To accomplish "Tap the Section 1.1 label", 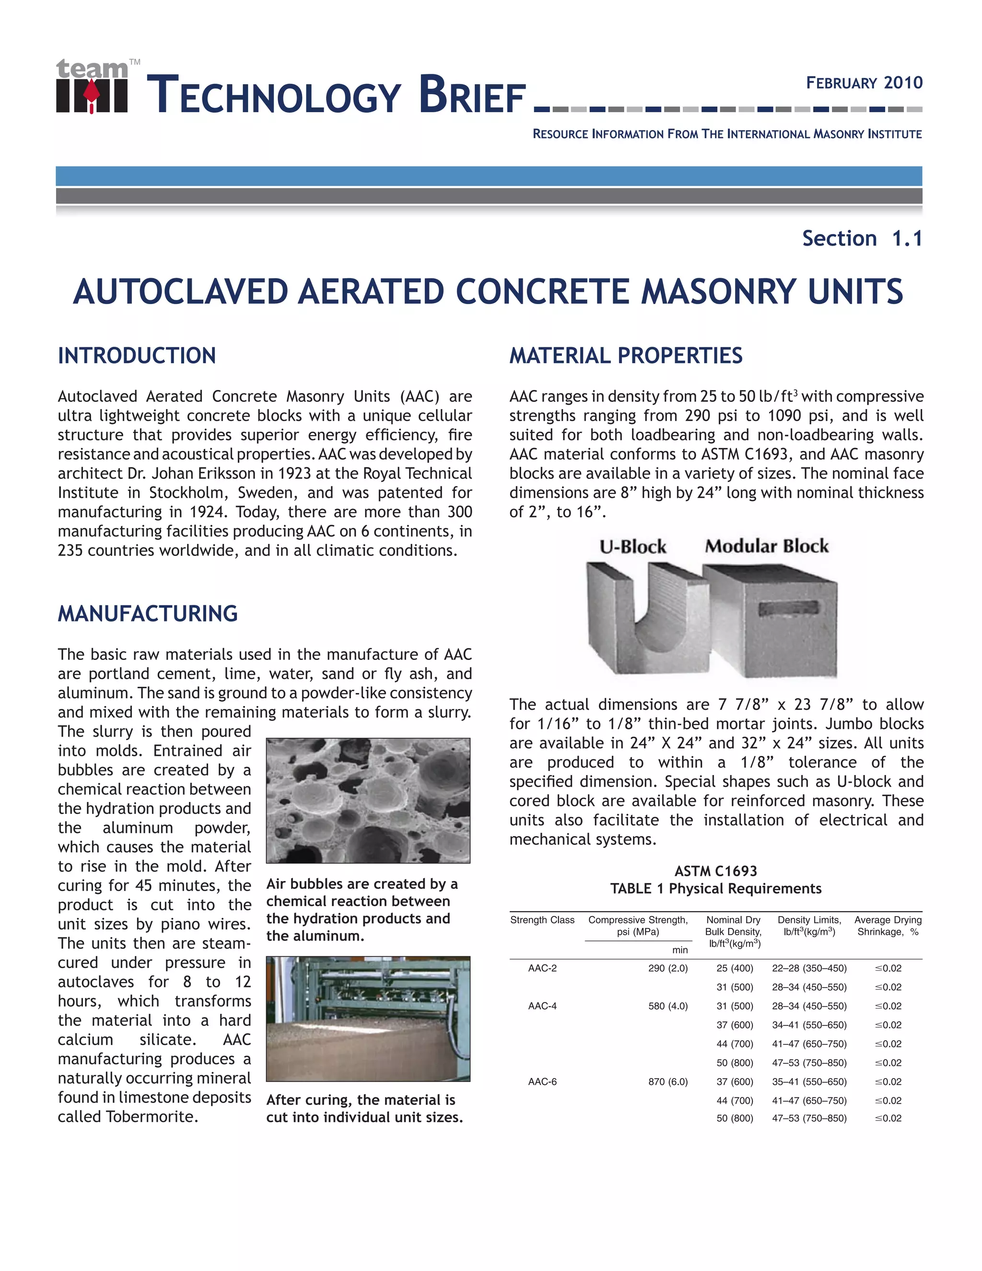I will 862,238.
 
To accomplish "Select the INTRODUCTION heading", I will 137,355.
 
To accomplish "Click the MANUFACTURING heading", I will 148,613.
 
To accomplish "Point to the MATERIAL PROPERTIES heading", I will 626,355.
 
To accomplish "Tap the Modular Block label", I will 767,546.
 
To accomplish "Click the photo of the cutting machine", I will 368,1018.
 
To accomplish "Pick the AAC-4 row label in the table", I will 542,1006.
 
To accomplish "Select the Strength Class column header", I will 542,920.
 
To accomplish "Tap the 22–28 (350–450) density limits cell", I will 809,968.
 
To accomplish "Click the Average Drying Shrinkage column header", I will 888,926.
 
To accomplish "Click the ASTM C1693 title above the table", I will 715,871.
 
